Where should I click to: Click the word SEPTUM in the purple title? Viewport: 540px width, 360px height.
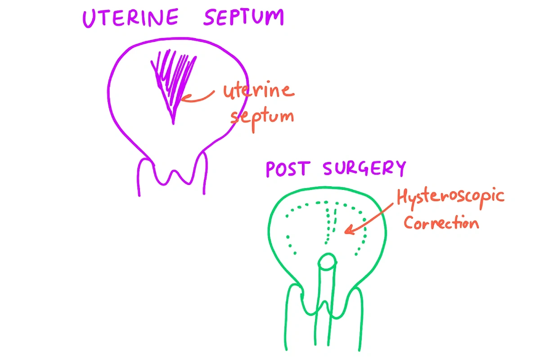243,18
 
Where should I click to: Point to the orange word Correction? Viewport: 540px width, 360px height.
441,223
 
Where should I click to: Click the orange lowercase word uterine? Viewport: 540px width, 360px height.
259,91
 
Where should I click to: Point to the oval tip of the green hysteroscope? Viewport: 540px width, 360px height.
327,261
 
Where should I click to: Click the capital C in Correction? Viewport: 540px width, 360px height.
409,222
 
